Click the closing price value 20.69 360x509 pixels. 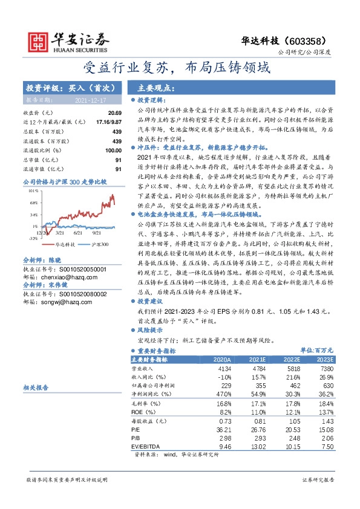point(114,113)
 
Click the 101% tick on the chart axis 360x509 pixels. point(34,190)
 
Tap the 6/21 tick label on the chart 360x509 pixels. point(77,232)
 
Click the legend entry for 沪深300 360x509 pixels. point(100,245)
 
